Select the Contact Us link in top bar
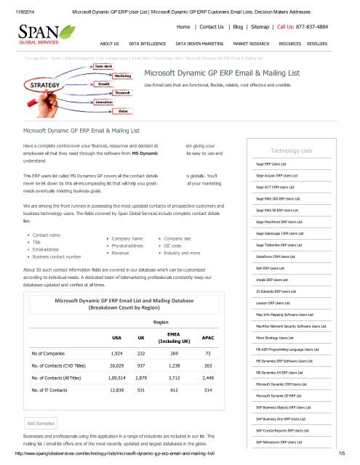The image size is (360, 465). click(x=222, y=24)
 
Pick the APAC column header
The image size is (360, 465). click(x=208, y=338)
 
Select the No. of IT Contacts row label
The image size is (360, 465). click(x=54, y=390)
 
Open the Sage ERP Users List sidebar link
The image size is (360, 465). click(x=276, y=165)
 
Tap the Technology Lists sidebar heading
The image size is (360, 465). click(x=291, y=150)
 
